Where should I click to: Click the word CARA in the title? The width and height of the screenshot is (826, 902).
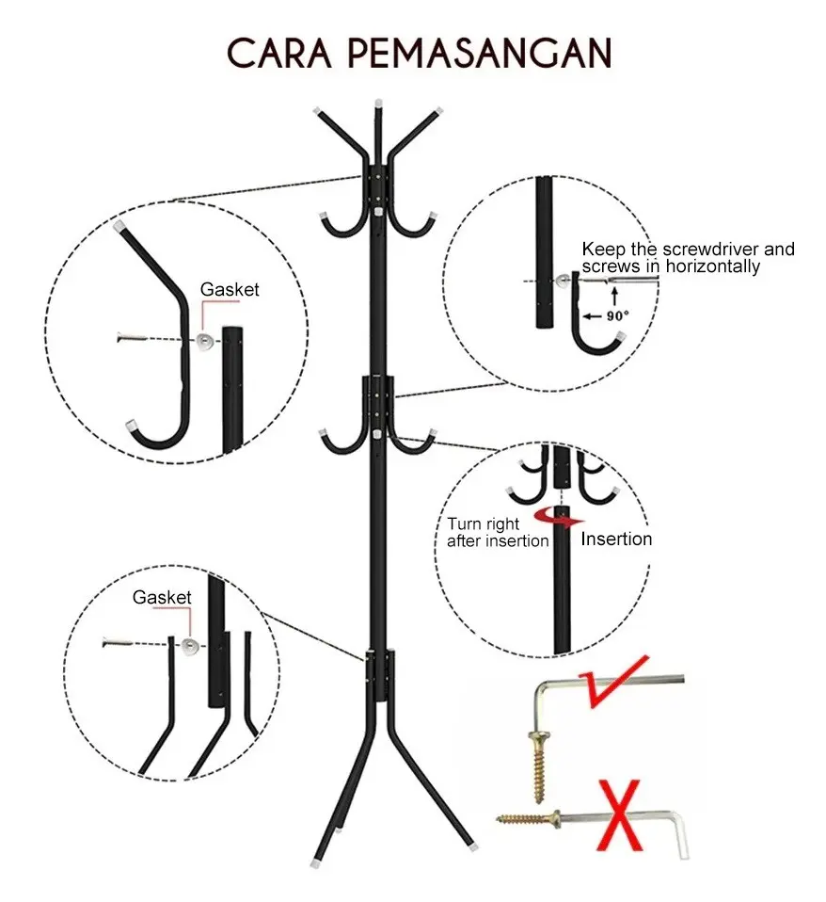point(279,54)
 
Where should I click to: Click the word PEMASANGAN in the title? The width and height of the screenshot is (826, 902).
point(480,54)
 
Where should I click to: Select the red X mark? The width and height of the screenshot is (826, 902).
point(620,815)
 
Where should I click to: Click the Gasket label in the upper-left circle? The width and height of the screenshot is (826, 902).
point(230,289)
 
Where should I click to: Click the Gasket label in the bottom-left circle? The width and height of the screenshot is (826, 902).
point(162,597)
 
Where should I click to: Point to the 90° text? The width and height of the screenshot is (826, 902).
point(617,315)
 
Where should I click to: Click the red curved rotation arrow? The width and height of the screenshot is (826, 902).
point(559,518)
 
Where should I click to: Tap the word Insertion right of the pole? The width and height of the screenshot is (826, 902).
point(616,539)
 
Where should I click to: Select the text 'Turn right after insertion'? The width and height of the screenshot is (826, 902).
point(498,532)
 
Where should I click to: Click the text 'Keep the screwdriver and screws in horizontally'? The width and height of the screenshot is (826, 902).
point(688,257)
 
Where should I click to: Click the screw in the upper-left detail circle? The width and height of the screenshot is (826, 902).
point(132,338)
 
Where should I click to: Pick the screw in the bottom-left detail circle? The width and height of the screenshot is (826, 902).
point(118,642)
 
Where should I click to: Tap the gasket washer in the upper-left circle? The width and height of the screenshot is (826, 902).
point(205,341)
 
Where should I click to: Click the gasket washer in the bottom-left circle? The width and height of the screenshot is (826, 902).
point(190,646)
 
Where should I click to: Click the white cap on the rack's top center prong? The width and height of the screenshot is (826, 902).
point(377,105)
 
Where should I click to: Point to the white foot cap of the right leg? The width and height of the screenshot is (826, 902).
point(472,847)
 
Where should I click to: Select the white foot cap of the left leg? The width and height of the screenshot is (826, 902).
point(315,862)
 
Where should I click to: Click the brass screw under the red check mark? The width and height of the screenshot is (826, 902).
point(539,766)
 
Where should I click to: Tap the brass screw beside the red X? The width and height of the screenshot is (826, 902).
point(529,818)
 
